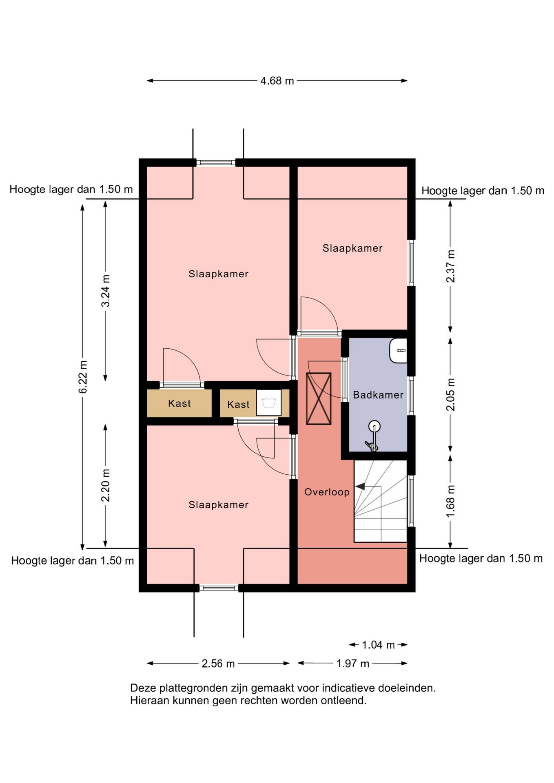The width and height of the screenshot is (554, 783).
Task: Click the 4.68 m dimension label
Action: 277,81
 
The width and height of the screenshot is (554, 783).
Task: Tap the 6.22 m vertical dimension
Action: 83,377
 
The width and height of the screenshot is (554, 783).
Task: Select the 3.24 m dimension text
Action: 105,291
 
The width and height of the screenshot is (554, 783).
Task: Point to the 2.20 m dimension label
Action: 105,485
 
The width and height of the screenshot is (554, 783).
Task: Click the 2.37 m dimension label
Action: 450,266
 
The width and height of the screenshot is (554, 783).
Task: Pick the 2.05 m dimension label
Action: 450,394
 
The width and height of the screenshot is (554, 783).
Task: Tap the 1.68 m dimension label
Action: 450,502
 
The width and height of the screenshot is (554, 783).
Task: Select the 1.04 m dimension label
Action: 378,645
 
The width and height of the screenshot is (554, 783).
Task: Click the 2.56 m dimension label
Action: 218,664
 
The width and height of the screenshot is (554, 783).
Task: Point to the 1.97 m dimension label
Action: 353,664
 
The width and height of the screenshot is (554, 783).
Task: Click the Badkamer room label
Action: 378,395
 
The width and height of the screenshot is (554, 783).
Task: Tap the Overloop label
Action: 327,492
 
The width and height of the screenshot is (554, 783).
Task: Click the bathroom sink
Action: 399,350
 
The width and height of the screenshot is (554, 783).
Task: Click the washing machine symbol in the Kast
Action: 269,403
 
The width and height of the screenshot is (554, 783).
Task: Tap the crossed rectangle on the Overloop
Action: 319,398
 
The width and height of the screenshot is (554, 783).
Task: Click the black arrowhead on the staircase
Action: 360,486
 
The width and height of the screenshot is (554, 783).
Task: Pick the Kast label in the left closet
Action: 179,403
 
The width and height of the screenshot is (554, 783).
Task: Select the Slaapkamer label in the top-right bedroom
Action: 352,248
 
